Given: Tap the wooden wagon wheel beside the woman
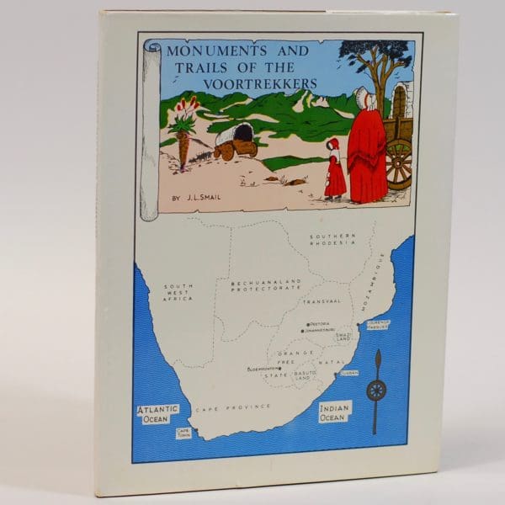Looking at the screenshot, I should tap(399, 162).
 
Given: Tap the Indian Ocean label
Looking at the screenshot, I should tap(333, 412).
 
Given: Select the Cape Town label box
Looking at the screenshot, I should tap(183, 433).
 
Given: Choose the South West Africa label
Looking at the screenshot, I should tap(178, 292).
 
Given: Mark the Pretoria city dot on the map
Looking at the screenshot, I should tap(309, 323).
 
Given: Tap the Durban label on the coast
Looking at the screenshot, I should tap(348, 371).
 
